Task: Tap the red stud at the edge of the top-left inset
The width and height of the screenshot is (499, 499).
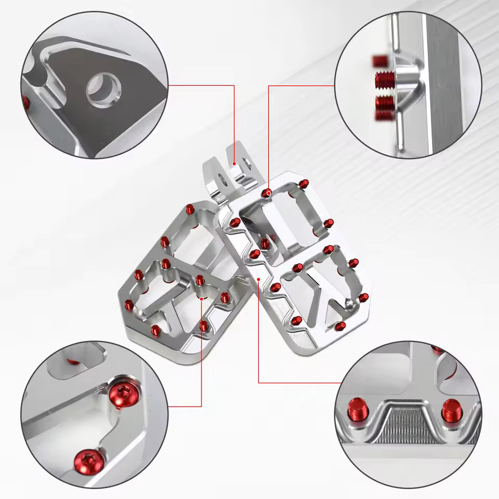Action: pyautogui.click(x=26, y=101)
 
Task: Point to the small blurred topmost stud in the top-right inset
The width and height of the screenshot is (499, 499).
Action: pyautogui.click(x=378, y=60)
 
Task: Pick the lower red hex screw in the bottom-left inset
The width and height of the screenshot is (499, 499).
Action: pyautogui.click(x=86, y=459)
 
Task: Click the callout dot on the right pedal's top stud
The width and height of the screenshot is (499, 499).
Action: pyautogui.click(x=268, y=193)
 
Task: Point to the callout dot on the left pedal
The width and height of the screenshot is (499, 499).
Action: pyautogui.click(x=202, y=299)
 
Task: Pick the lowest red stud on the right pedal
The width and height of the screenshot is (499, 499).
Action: pyautogui.click(x=340, y=325)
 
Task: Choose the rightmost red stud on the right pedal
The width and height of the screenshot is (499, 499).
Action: pyautogui.click(x=364, y=297)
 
